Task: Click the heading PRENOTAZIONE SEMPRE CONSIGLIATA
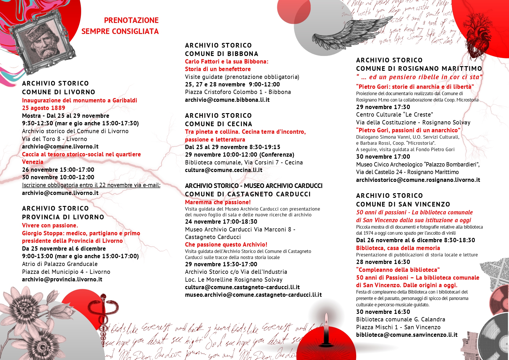[120, 26]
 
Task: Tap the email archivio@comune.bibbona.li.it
[227, 100]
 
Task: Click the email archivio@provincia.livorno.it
[62, 279]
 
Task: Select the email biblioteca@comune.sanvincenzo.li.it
[407, 335]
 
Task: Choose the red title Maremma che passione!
[218, 202]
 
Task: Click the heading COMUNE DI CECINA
[218, 124]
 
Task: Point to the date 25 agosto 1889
[44, 108]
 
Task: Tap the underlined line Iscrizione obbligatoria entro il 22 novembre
[91, 185]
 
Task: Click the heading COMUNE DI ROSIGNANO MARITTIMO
[419, 68]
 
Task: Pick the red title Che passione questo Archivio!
[226, 245]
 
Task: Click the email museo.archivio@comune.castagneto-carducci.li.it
[253, 295]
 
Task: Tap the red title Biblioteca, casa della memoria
[398, 248]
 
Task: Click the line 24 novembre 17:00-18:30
[221, 222]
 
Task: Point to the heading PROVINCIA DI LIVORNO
[63, 217]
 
